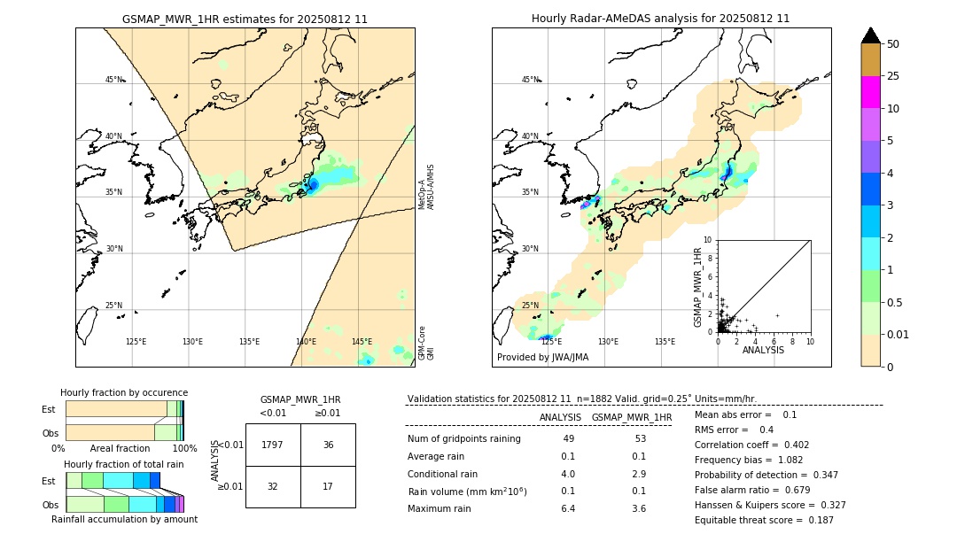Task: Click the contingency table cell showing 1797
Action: (272, 445)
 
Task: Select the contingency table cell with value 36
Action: (328, 445)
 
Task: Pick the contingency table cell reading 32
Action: (272, 486)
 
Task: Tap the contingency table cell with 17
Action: (328, 486)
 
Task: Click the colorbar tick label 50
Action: (893, 43)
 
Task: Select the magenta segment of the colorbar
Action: (870, 92)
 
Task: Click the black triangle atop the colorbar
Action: (870, 35)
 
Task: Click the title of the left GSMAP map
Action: (245, 19)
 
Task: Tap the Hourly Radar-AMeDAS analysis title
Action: (660, 19)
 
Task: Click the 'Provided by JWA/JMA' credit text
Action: (542, 358)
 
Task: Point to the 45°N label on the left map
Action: (114, 80)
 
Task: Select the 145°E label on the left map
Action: (362, 342)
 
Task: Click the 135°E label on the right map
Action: (665, 342)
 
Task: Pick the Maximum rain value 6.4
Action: (568, 509)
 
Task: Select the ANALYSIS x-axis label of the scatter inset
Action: (763, 351)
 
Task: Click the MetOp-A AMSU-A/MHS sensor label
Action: (427, 186)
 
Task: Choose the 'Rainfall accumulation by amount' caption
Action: (124, 520)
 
